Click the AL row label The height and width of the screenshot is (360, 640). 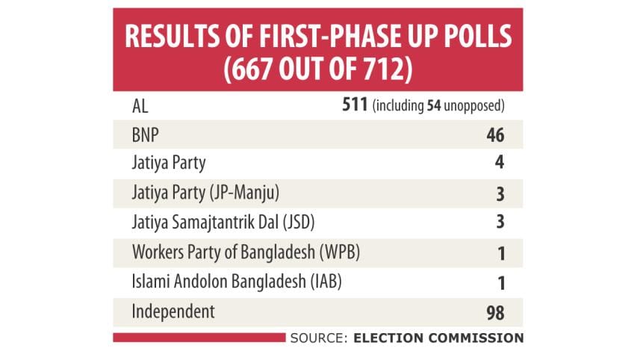pyautogui.click(x=140, y=106)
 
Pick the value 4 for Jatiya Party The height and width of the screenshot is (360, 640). pyautogui.click(x=500, y=164)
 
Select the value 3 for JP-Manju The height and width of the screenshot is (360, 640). pyautogui.click(x=500, y=193)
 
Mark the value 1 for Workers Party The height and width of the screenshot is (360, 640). pyautogui.click(x=501, y=252)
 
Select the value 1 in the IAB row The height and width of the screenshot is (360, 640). pyautogui.click(x=501, y=282)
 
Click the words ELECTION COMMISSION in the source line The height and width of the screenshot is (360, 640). pyautogui.click(x=438, y=338)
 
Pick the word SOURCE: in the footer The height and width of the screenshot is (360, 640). pyautogui.click(x=318, y=338)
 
